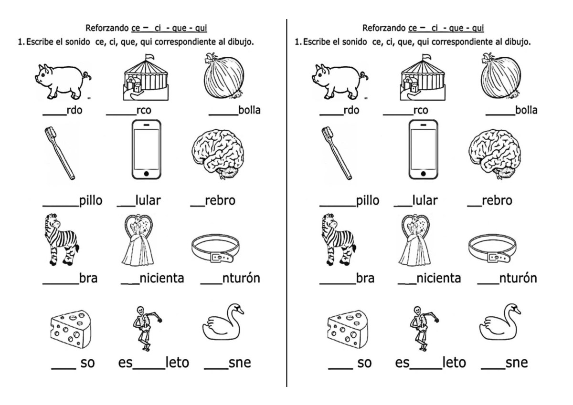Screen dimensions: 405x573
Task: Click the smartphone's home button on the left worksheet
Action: coord(146,173)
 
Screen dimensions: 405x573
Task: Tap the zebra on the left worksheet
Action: coord(60,239)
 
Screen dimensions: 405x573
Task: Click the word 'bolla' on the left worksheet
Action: coord(249,111)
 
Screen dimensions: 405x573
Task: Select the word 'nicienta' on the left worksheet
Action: coord(162,278)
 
